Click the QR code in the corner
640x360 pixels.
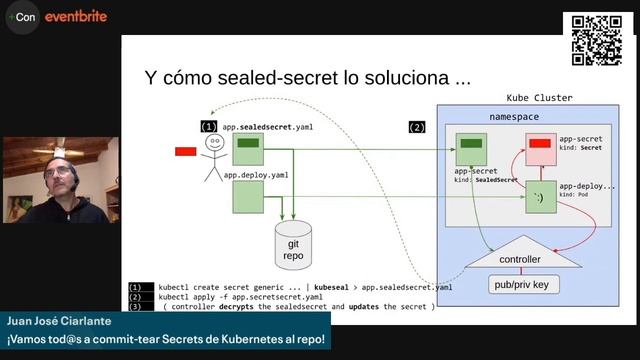click(597, 40)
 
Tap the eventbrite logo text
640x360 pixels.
click(77, 17)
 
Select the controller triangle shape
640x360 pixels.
click(519, 256)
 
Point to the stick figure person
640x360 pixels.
click(212, 157)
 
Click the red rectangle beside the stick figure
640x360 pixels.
click(185, 151)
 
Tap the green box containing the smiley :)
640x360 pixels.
click(541, 196)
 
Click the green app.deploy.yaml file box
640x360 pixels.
click(248, 196)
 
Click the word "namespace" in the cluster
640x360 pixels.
click(514, 117)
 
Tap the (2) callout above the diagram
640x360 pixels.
click(417, 127)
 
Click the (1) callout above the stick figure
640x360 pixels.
click(209, 127)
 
